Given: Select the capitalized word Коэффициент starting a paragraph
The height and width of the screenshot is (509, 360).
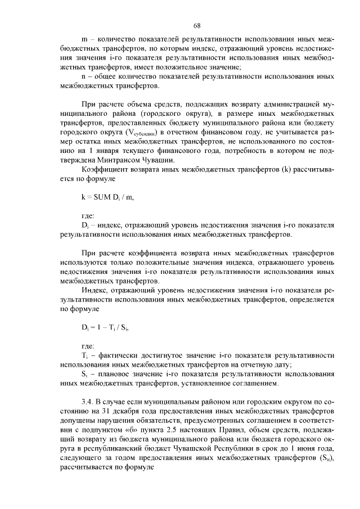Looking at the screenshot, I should tap(105, 170).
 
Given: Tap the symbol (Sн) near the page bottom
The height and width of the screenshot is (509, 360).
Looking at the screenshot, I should tap(325, 460).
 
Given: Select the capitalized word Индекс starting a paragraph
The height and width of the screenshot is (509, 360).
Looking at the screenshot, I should tap(94, 290).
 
